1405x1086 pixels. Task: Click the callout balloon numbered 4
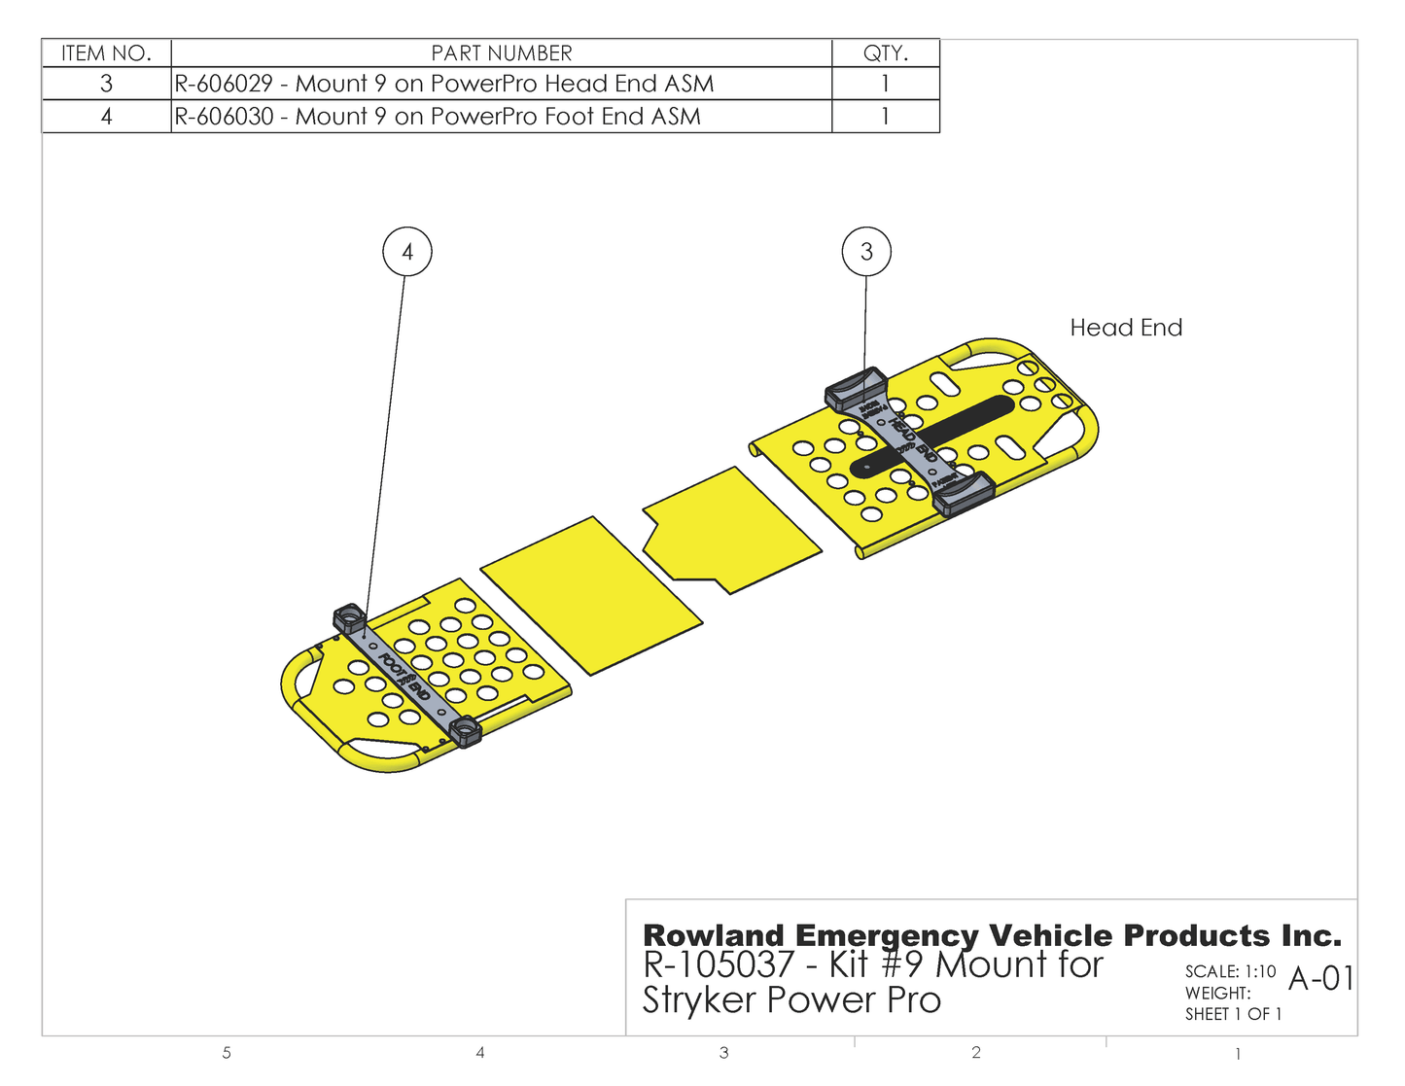pyautogui.click(x=407, y=252)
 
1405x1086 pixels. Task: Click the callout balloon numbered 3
pyautogui.click(x=866, y=252)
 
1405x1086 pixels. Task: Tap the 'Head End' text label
pyautogui.click(x=1126, y=328)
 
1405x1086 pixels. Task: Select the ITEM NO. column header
pyautogui.click(x=106, y=53)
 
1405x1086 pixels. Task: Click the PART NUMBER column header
pyautogui.click(x=502, y=53)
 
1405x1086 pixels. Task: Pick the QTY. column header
pyautogui.click(x=886, y=53)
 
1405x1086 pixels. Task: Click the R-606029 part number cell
pyautogui.click(x=444, y=84)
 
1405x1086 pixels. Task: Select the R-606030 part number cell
pyautogui.click(x=438, y=117)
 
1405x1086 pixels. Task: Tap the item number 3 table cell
pyautogui.click(x=106, y=84)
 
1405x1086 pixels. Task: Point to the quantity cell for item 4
pyautogui.click(x=886, y=117)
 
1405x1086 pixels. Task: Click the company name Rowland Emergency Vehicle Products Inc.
pyautogui.click(x=992, y=935)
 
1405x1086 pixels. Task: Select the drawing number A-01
pyautogui.click(x=1320, y=978)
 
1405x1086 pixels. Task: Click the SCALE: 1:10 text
pyautogui.click(x=1230, y=971)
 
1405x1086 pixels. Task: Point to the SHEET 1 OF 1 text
pyautogui.click(x=1233, y=1014)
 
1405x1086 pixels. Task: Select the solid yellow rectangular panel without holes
pyautogui.click(x=590, y=595)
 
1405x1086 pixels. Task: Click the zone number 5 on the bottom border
pyautogui.click(x=227, y=1053)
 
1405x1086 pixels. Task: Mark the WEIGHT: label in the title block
pyautogui.click(x=1217, y=993)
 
